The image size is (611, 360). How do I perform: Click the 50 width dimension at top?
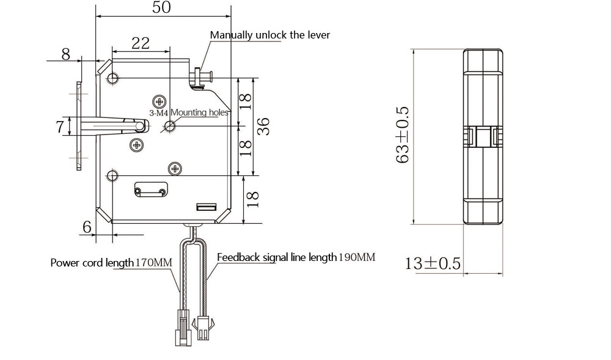(x=162, y=7)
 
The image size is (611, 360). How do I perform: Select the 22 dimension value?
(x=141, y=43)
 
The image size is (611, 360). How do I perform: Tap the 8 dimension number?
(x=65, y=54)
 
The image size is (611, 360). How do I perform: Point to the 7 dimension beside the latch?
(x=60, y=127)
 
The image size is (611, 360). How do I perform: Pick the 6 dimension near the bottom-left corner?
(x=87, y=226)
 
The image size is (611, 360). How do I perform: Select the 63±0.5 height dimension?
(x=402, y=134)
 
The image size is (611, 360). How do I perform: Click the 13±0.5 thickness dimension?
(x=433, y=263)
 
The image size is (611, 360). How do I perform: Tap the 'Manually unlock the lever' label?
(x=269, y=35)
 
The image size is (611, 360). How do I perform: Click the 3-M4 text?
(x=159, y=112)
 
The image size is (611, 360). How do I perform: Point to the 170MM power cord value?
(x=153, y=263)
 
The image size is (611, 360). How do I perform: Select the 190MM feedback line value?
(x=357, y=257)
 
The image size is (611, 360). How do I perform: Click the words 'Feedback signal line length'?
(x=277, y=257)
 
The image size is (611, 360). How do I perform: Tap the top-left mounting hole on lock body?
(x=113, y=78)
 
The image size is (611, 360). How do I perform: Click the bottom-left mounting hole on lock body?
(x=112, y=176)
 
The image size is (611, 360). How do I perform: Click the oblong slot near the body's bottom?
(x=151, y=191)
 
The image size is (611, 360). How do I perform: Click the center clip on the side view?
(x=483, y=136)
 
